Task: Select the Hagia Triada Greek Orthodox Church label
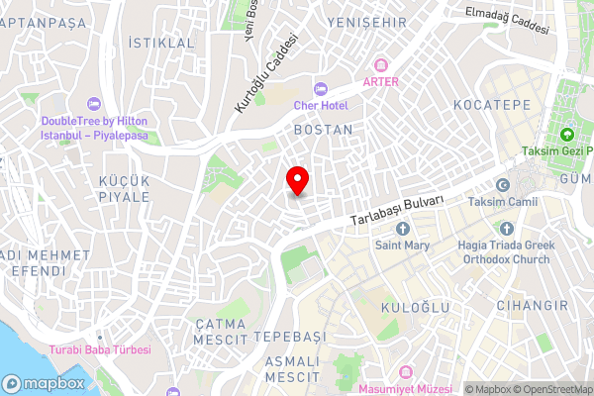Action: [x=503, y=252]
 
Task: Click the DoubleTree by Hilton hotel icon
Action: [x=93, y=103]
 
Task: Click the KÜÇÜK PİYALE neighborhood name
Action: [x=124, y=188]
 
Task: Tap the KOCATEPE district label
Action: [x=491, y=105]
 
